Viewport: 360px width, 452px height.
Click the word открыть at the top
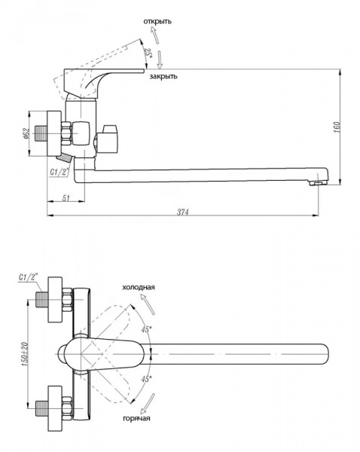157,21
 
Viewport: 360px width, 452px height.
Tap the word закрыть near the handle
163,76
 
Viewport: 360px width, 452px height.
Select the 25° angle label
148,53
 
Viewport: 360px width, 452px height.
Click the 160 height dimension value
337,127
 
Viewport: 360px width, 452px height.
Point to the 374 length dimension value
183,212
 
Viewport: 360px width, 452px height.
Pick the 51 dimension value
66,198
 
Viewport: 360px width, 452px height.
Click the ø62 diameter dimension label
26,133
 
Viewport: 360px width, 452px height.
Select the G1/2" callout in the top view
29,277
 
